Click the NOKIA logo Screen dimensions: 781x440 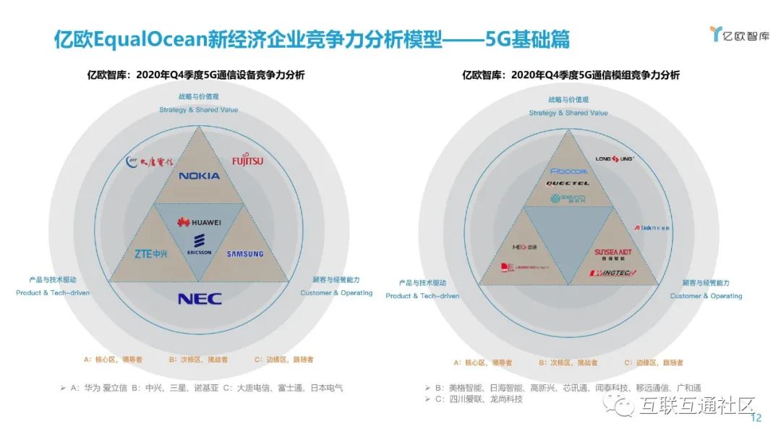(199, 176)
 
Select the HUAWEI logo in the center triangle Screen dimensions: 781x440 (199, 221)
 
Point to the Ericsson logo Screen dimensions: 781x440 (199, 244)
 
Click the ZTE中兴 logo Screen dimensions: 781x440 (151, 253)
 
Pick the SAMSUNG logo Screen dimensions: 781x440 (245, 254)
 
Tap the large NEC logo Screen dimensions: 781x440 (200, 298)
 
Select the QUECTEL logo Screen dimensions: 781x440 (567, 184)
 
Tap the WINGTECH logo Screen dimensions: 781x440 (612, 273)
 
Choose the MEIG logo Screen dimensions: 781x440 (525, 245)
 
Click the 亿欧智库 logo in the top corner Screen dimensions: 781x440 (740, 34)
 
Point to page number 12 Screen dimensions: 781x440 (757, 418)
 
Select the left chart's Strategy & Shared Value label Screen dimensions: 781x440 (199, 110)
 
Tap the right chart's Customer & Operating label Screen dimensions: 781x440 (706, 296)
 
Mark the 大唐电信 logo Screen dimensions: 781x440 (150, 161)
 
